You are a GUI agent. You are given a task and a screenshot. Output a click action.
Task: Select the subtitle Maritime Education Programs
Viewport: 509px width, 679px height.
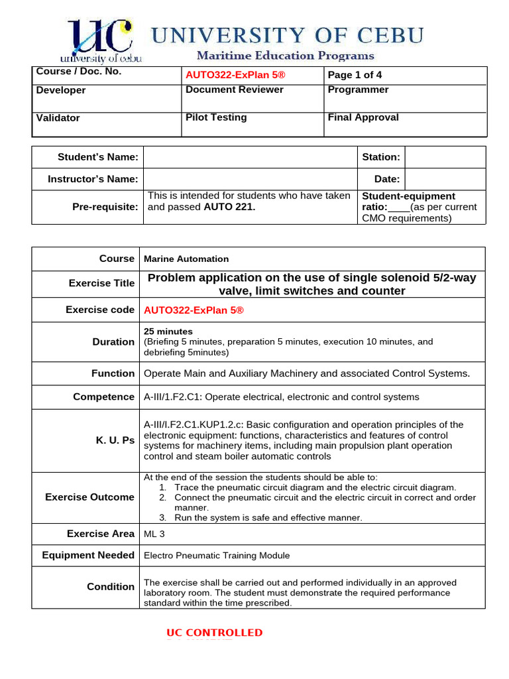tap(285, 56)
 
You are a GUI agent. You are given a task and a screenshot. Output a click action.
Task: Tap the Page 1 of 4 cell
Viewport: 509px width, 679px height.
tap(355, 75)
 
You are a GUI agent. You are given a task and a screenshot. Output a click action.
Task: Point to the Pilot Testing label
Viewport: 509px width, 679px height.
tap(216, 117)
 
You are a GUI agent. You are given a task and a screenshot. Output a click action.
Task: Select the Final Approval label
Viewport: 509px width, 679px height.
tap(363, 117)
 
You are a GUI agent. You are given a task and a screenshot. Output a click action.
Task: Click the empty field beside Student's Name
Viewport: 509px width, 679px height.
tap(250, 157)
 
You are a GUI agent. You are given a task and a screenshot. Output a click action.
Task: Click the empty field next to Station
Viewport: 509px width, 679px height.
tap(445, 157)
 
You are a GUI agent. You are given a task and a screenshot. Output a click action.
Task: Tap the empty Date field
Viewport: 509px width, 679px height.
tap(445, 179)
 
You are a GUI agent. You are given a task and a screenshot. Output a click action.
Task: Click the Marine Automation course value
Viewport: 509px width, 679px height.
tap(186, 259)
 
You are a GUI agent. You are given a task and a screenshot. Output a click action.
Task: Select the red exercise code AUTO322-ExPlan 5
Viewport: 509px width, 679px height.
tap(194, 310)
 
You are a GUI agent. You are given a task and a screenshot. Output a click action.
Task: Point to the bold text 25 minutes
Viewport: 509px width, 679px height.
tap(168, 331)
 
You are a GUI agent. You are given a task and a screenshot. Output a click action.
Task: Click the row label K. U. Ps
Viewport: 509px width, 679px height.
tap(119, 440)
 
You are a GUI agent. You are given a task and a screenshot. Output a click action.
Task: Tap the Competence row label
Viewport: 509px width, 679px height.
tap(103, 397)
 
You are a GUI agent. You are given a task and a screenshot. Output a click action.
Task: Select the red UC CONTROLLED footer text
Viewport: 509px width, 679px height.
tap(214, 633)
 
